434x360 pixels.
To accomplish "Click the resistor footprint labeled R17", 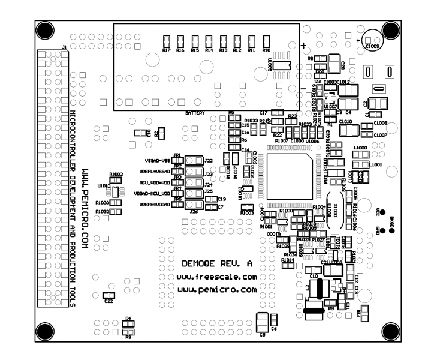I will pos(166,41).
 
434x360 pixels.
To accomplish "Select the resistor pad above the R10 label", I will pos(266,41).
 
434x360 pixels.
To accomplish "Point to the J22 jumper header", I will pos(193,161).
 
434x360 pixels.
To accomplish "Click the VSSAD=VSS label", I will pos(158,161).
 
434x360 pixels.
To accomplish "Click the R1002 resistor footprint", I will pos(116,180).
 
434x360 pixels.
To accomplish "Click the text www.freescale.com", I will pos(217,277).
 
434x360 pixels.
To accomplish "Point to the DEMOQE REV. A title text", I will pos(217,263).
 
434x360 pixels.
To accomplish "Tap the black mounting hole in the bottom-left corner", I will pos(45,330).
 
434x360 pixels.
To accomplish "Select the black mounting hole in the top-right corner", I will pos(389,30).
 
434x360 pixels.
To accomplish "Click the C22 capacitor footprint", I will pos(108,295).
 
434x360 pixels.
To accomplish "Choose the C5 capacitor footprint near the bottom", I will pos(262,323).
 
